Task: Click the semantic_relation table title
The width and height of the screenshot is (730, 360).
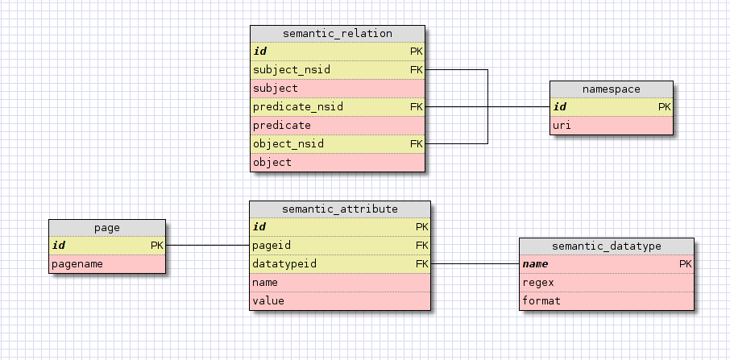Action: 338,34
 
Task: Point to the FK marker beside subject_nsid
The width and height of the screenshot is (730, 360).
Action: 416,70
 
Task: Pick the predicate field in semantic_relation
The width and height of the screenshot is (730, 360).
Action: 281,125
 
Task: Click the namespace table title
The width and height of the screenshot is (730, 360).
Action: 611,89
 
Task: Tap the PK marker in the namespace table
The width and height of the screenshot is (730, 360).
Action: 664,107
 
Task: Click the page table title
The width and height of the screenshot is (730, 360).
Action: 106,228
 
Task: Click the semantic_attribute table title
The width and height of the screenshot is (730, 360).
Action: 339,209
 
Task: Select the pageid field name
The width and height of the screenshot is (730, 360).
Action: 272,245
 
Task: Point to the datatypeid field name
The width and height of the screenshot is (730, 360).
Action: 284,263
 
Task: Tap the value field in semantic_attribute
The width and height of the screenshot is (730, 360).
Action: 268,300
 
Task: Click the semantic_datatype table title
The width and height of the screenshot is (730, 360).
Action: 606,246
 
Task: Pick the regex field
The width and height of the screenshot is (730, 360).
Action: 538,282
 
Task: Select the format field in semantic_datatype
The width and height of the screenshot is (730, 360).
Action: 541,300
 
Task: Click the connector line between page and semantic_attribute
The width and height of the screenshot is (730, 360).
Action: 207,245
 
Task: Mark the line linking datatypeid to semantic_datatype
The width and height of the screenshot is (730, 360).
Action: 475,263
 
